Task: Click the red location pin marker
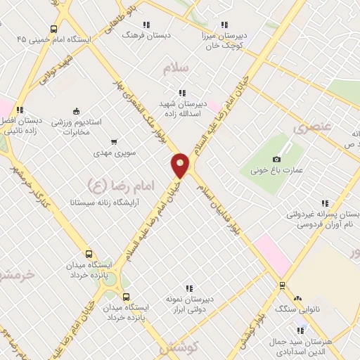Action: click(x=181, y=166)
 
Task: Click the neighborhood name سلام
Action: click(x=177, y=68)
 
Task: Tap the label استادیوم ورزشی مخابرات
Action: click(x=77, y=126)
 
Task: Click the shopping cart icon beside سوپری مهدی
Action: click(x=114, y=141)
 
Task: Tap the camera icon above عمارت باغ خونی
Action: click(x=276, y=159)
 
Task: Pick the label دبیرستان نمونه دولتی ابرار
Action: click(x=188, y=302)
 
